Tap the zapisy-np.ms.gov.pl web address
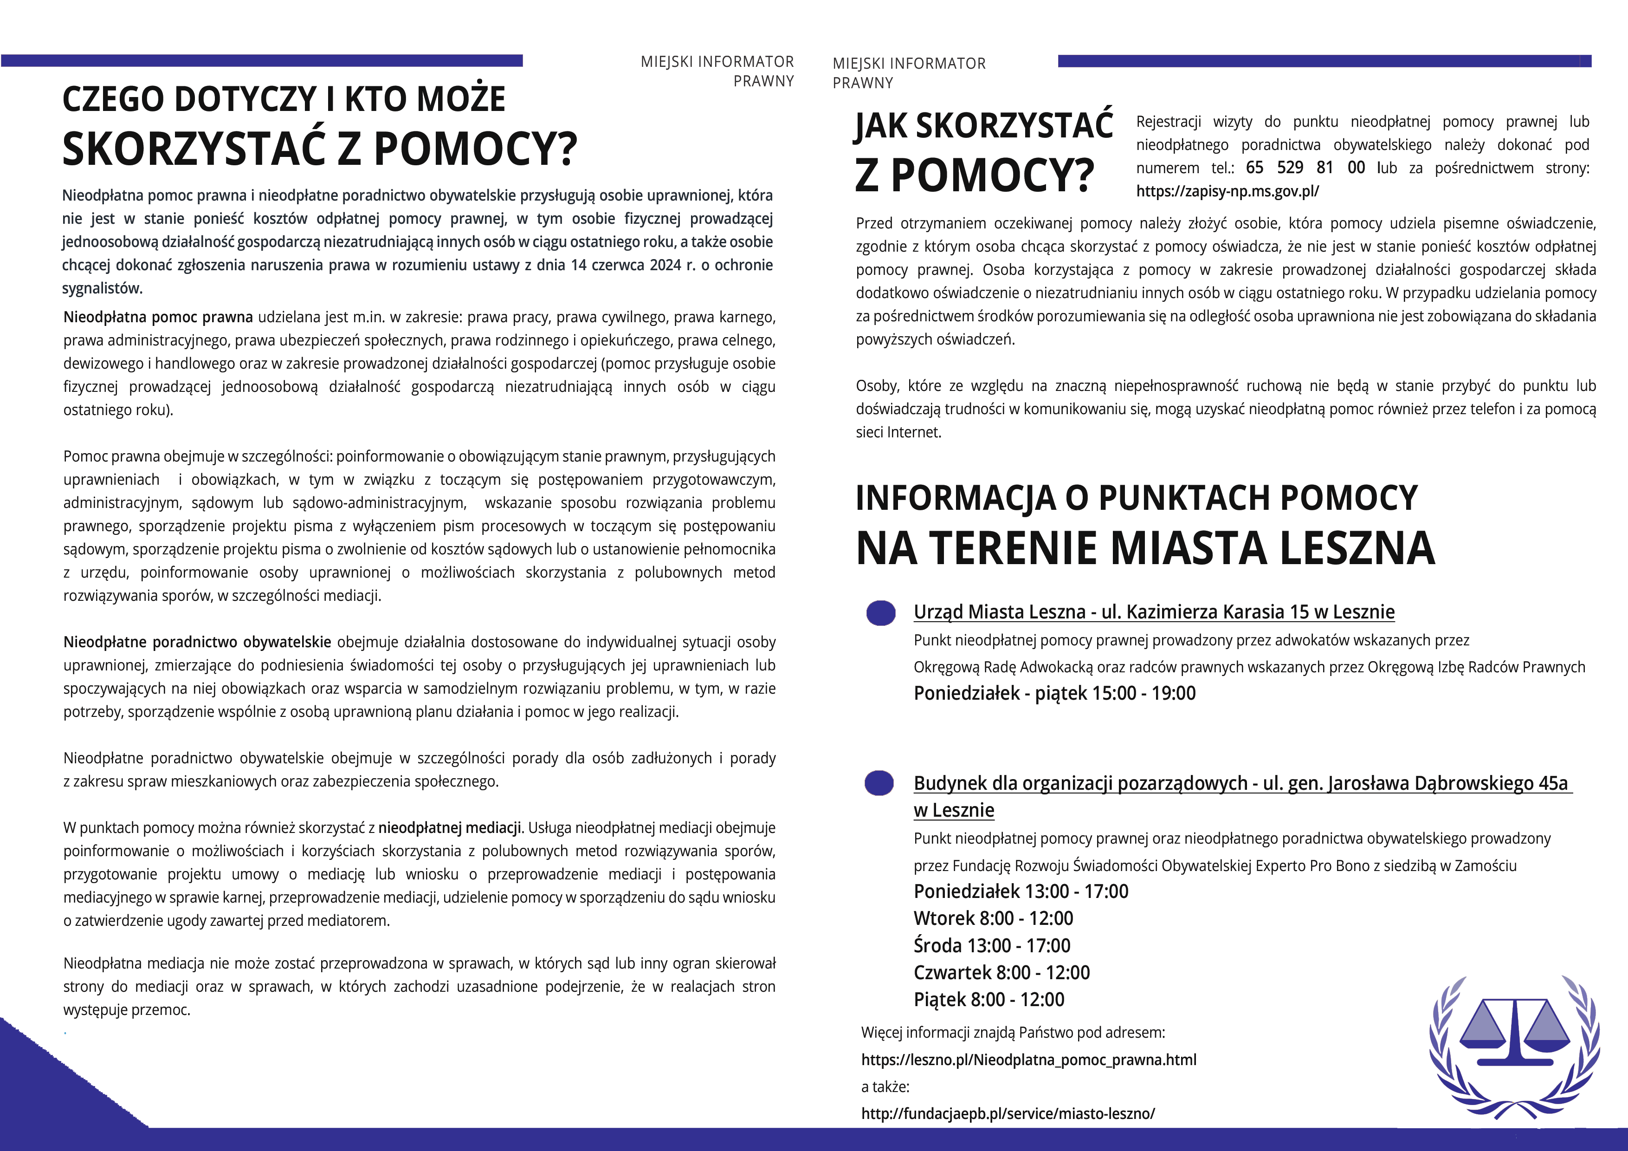click(x=1227, y=191)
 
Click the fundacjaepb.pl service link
click(x=1008, y=1113)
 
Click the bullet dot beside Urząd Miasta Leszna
click(x=881, y=613)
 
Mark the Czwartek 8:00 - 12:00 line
click(x=1001, y=972)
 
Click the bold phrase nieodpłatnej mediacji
click(x=450, y=827)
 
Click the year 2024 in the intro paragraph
click(x=666, y=265)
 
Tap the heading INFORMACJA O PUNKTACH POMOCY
click(x=1136, y=498)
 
